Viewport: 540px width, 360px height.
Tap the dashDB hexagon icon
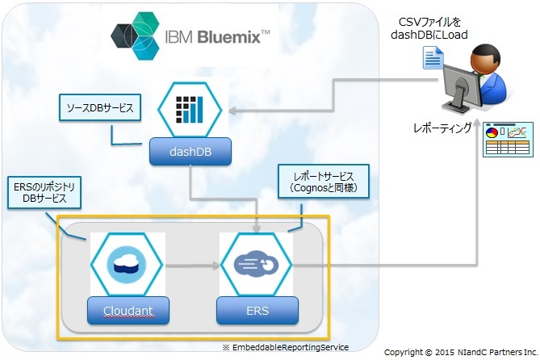coord(190,107)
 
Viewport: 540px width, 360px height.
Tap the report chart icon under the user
coord(505,140)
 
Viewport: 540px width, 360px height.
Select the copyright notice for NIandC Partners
coord(459,352)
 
